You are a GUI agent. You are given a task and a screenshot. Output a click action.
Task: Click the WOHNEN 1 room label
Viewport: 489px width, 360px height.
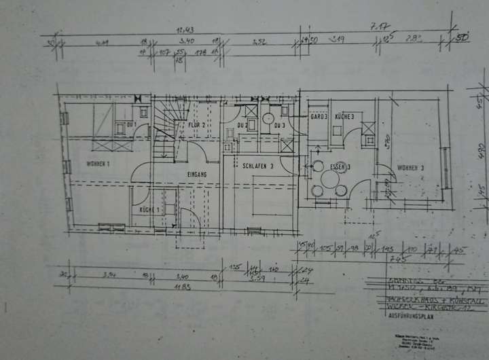coord(98,164)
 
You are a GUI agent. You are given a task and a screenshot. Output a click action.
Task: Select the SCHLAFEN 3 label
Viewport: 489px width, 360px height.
coord(257,165)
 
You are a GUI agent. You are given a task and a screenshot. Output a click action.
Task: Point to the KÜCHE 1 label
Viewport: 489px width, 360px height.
coord(149,211)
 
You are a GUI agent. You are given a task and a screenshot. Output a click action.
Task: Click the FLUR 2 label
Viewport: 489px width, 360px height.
coord(197,125)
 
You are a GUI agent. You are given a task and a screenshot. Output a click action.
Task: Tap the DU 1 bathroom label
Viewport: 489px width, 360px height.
coord(131,125)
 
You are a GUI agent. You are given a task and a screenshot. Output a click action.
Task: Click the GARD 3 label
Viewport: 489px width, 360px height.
coord(319,117)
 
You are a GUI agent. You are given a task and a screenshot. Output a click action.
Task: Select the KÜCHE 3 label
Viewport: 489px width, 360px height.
coord(344,117)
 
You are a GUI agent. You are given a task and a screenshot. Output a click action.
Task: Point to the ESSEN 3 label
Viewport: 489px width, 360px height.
coord(340,166)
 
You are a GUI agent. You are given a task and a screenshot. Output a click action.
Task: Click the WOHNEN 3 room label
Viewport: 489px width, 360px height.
coord(411,166)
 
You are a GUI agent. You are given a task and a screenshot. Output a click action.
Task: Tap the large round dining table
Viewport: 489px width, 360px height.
coord(330,180)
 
